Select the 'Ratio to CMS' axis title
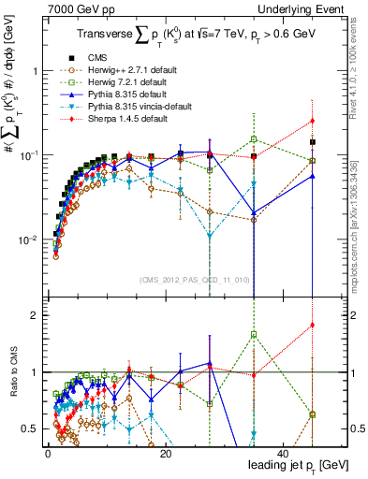click(12, 372)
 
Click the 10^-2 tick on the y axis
click(27, 239)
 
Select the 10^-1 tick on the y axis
click(27, 155)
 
